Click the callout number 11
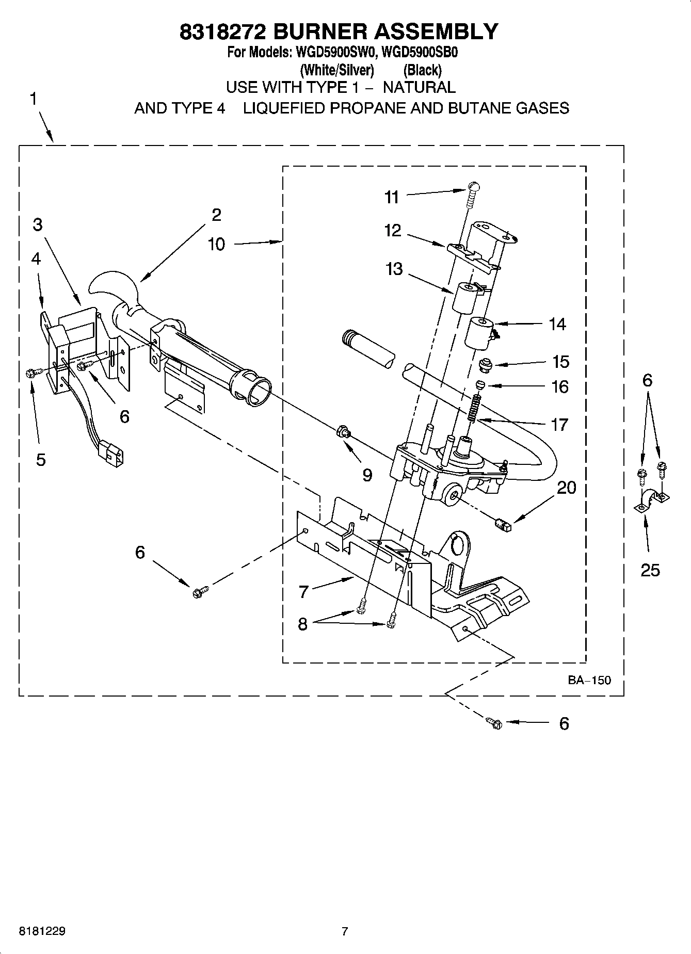pos(392,197)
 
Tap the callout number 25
pos(650,570)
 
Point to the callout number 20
pos(566,488)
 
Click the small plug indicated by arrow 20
pos(502,525)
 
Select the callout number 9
pos(367,475)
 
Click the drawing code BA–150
pos(589,680)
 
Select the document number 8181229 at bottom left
pos(42,931)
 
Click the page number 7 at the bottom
pos(345,931)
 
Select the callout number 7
pos(303,592)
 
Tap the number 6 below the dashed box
pos(564,723)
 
